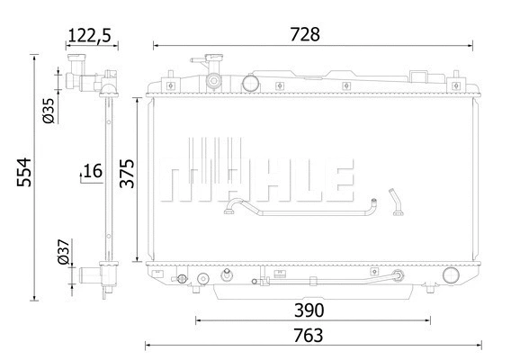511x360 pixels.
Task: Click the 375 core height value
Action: point(128,171)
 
